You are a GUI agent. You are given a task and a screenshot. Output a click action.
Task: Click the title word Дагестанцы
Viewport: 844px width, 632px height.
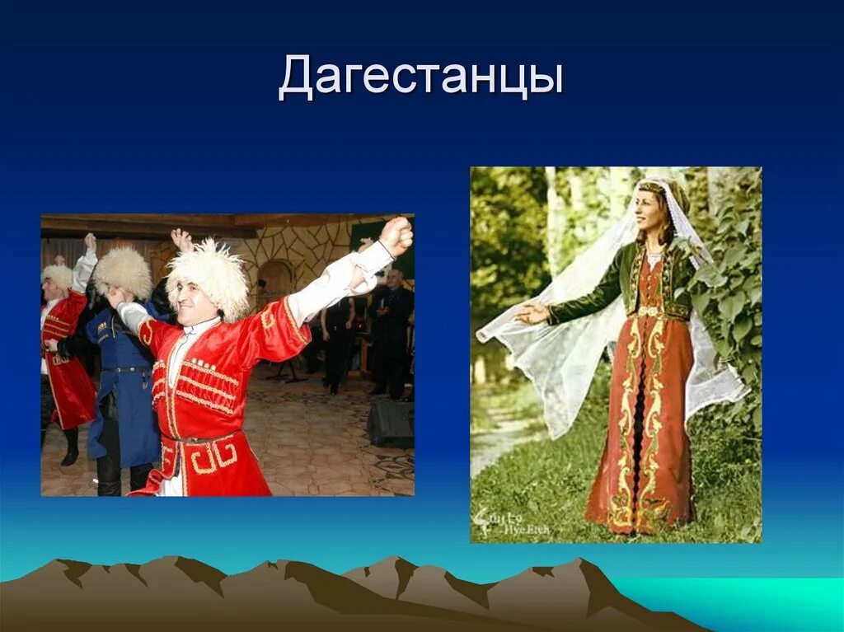[421, 78]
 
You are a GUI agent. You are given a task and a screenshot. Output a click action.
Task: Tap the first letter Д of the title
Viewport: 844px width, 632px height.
[297, 78]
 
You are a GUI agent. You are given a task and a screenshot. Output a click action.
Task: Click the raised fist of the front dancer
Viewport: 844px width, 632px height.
[396, 236]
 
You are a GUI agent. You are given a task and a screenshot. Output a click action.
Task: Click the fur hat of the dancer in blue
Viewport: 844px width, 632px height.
[123, 272]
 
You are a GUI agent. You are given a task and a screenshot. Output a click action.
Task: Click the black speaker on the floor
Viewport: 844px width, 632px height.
[390, 424]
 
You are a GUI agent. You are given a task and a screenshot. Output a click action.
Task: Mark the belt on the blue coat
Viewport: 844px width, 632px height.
[129, 369]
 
